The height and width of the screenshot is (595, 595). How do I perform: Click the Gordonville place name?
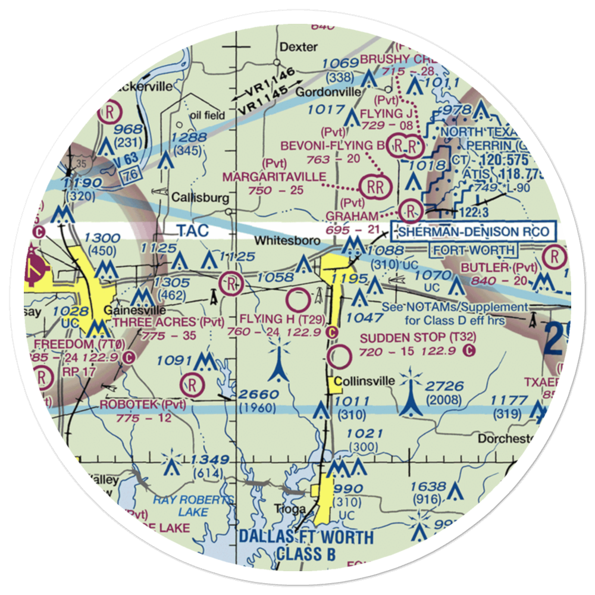click(x=328, y=92)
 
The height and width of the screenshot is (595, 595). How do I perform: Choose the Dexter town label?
click(x=299, y=47)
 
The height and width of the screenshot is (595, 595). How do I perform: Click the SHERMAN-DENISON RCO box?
click(x=473, y=231)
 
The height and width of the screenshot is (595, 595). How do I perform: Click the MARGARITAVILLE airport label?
click(x=274, y=177)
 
